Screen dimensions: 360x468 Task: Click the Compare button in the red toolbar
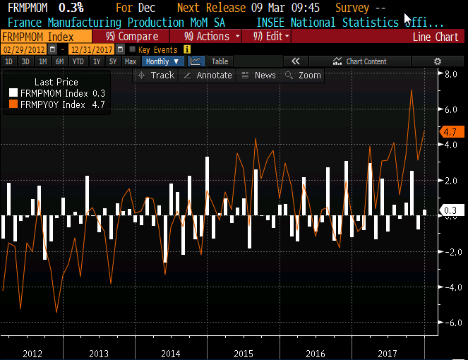click(121, 36)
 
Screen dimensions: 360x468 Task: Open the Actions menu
click(211, 36)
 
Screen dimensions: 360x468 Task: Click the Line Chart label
click(435, 37)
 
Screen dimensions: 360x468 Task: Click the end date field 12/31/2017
click(92, 49)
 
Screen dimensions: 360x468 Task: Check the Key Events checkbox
click(132, 49)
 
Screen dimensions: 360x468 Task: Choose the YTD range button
click(78, 61)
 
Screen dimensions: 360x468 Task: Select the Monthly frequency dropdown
click(162, 61)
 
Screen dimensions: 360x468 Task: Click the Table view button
click(220, 61)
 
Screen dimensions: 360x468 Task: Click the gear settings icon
click(438, 61)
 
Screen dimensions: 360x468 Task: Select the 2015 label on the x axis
click(244, 352)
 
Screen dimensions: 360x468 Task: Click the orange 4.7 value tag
click(450, 132)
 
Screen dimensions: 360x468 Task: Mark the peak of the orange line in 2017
click(412, 90)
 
